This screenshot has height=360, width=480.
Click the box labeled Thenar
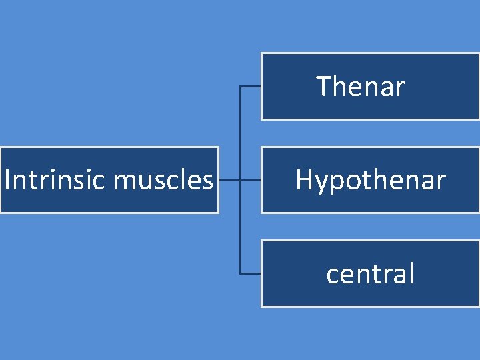pyautogui.click(x=370, y=86)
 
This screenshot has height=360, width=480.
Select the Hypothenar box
pyautogui.click(x=370, y=179)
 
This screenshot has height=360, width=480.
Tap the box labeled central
pyautogui.click(x=370, y=273)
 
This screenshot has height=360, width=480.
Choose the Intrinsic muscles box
pyautogui.click(x=109, y=179)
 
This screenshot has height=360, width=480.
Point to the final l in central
pyautogui.click(x=411, y=273)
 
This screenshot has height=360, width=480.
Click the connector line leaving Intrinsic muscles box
pyautogui.click(x=229, y=179)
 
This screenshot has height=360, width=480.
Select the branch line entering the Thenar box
pyautogui.click(x=250, y=86)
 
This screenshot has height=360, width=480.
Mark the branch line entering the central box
pyautogui.click(x=250, y=273)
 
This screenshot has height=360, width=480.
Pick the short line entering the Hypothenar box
pyautogui.click(x=250, y=179)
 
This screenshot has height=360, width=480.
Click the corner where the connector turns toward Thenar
pyautogui.click(x=240, y=86)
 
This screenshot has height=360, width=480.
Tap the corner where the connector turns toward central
pyautogui.click(x=240, y=273)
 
